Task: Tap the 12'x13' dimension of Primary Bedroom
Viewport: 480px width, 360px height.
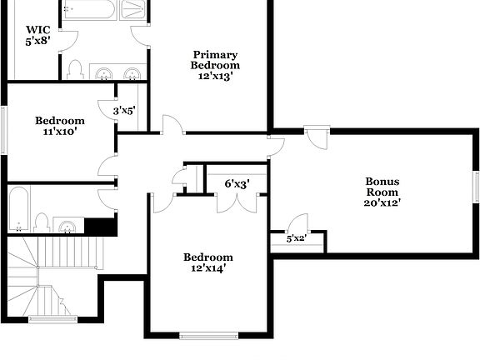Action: (215, 76)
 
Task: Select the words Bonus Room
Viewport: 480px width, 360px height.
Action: (382, 187)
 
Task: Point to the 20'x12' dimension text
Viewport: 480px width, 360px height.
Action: (382, 202)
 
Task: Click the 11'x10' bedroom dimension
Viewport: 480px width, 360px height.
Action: (59, 131)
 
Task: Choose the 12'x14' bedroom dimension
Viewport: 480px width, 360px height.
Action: (207, 268)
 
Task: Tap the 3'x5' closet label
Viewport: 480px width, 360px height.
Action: (124, 108)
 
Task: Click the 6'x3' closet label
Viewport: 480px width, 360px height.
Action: (237, 183)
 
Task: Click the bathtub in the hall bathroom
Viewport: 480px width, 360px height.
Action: (18, 209)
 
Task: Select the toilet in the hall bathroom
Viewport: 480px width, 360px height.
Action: (42, 222)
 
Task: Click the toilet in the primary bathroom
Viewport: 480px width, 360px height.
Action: (75, 69)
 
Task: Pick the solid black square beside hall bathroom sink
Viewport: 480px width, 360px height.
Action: (101, 226)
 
